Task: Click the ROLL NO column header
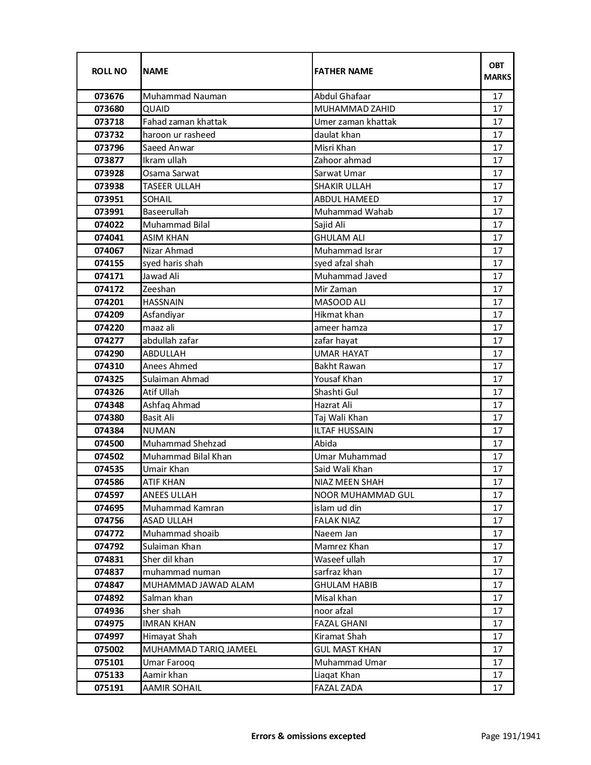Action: pos(109,71)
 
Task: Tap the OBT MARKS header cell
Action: pos(497,71)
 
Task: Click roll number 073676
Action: pos(109,96)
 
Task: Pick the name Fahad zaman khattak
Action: pos(184,122)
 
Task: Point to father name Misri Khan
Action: pos(335,148)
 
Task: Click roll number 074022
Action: pos(109,225)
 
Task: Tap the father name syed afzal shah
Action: pos(343,263)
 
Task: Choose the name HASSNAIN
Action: pos(163,302)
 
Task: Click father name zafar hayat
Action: pos(336,341)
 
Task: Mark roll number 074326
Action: pos(109,392)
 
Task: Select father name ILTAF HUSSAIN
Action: pos(343,431)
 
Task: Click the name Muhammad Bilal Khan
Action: pos(187,457)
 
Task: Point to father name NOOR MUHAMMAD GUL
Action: pos(364,495)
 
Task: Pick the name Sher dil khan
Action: pos(168,560)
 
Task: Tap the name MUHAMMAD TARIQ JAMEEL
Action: pos(200,650)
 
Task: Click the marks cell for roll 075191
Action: pos(497,688)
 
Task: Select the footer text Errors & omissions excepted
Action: pos(308,736)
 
